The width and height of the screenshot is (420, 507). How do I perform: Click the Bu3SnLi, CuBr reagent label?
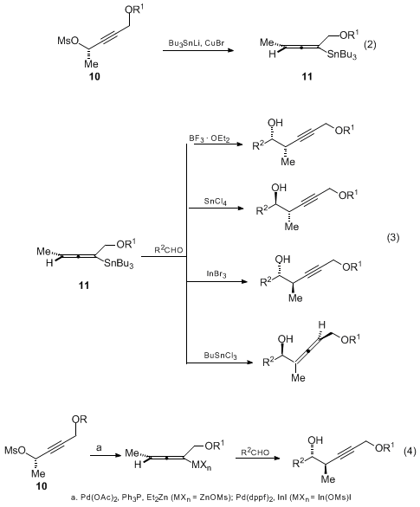coord(196,43)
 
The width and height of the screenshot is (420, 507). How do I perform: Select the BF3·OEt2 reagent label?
coord(210,139)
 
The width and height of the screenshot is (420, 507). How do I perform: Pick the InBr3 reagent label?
coord(216,274)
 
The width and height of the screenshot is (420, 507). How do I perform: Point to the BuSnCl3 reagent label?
coord(220,356)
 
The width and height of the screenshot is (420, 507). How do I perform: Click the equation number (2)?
coord(370,45)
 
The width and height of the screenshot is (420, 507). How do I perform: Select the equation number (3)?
coord(393,238)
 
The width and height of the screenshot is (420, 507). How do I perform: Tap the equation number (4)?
coord(410,451)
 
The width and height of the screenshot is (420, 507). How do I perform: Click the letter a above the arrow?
coord(100,448)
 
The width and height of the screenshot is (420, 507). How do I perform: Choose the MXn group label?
coord(202,465)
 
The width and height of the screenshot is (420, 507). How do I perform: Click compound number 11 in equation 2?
coord(307,76)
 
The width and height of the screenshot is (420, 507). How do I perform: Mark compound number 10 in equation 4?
coord(41,486)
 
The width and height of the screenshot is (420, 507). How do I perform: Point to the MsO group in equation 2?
coord(68,41)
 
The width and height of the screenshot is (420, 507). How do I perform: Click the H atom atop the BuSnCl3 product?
coord(321,324)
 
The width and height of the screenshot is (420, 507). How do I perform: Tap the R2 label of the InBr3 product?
coord(267,282)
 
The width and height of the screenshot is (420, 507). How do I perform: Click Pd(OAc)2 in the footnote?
coord(96,497)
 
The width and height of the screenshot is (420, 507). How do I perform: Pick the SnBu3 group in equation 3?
coord(119,264)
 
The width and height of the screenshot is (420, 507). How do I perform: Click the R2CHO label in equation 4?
coord(255,452)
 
